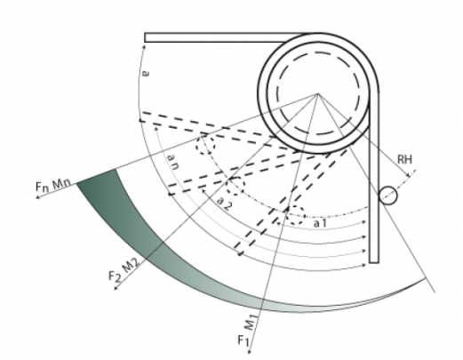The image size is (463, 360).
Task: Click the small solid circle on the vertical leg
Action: tap(387, 196)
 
